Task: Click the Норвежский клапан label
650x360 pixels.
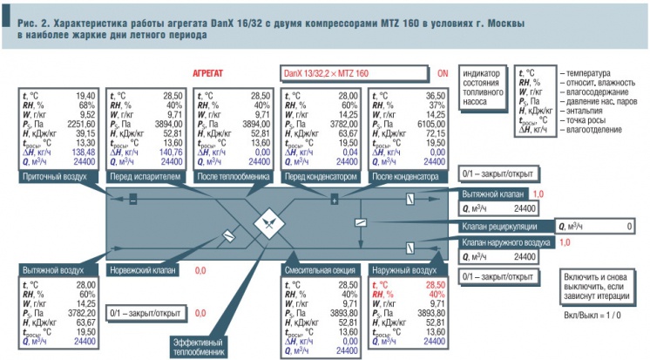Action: (x=144, y=271)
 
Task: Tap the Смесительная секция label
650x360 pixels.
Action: (x=318, y=271)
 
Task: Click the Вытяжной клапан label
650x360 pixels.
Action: (x=491, y=194)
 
